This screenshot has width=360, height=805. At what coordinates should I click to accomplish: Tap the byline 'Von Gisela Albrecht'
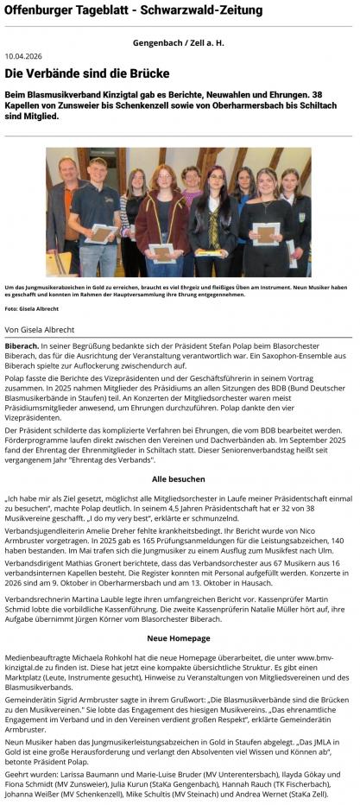39,329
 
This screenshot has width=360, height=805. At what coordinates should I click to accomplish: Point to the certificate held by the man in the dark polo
102,233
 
